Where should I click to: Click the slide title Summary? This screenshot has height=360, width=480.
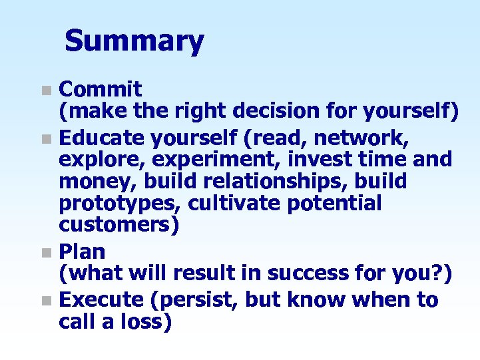tap(134, 41)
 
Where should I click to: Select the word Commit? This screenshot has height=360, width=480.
tap(100, 89)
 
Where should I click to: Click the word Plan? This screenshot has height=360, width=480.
tap(82, 252)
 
